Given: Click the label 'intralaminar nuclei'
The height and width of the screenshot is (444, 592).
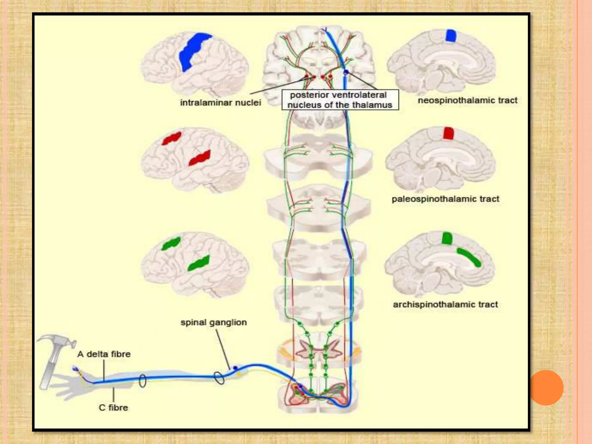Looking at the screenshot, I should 221,103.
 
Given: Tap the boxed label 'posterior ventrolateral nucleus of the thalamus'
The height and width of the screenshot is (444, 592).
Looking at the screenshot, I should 340,100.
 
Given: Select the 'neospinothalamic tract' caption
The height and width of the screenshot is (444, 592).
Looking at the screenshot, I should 467,100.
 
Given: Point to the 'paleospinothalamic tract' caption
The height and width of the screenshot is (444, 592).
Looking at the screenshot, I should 445,199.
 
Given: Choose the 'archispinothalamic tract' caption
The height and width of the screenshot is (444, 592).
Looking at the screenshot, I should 445,304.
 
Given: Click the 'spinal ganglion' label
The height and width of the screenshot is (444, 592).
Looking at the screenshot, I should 214,322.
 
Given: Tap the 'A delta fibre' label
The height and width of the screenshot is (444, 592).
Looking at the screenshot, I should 104,354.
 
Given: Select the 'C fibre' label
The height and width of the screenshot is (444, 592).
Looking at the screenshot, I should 113,408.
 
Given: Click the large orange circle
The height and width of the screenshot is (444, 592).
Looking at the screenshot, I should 546,388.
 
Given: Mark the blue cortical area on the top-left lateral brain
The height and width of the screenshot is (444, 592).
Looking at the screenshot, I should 192,51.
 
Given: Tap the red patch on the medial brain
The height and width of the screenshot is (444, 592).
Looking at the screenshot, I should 448,133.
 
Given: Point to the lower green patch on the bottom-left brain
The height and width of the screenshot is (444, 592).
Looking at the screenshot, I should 199,263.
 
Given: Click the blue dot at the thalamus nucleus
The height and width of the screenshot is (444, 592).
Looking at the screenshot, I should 346,72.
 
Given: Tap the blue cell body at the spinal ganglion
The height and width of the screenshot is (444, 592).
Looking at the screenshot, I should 235,368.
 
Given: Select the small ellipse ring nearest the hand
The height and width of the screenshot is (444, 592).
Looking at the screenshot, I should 143,381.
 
